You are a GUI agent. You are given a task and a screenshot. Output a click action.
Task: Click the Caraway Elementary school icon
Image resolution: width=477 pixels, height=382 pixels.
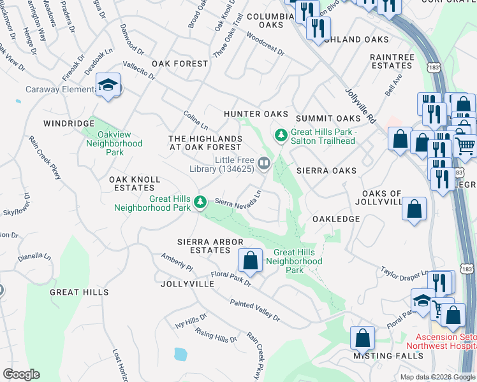tap(108, 85)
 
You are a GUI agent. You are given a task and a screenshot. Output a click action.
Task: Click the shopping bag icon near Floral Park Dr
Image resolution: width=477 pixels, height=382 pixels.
tap(251, 260)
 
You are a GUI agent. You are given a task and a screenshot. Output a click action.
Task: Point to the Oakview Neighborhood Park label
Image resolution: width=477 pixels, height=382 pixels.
tap(114, 143)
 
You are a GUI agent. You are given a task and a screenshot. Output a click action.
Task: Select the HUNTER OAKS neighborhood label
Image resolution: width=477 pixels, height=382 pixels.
tap(256, 114)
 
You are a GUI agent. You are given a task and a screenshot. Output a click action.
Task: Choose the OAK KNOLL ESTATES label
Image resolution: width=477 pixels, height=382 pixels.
tap(135, 184)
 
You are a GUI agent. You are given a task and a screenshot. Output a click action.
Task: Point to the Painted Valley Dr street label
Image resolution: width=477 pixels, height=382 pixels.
tap(255, 311)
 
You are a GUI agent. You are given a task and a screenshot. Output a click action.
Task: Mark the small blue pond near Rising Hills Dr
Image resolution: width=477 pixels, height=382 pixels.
tap(180, 353)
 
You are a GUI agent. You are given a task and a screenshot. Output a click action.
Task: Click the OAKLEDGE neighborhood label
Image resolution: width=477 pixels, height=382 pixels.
tap(336, 219)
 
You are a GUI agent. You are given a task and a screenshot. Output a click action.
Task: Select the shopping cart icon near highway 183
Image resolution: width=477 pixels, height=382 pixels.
tap(465, 146)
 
